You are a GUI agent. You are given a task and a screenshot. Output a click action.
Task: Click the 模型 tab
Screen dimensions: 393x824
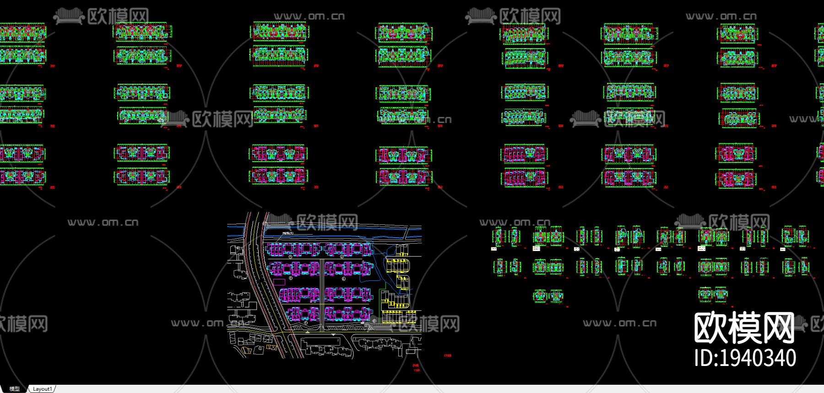(x=14, y=389)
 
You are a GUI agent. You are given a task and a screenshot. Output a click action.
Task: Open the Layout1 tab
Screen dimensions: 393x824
(x=42, y=389)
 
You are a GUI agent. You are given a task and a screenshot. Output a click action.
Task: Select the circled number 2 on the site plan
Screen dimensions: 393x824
(x=342, y=257)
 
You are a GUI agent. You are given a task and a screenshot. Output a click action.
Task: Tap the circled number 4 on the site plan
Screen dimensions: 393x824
(x=343, y=278)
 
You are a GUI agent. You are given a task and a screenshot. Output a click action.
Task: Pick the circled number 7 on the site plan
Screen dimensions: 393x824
(x=305, y=322)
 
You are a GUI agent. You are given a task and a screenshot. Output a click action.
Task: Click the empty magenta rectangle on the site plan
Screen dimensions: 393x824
(x=279, y=282)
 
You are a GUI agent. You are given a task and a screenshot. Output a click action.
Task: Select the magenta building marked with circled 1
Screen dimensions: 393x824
(x=294, y=249)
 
